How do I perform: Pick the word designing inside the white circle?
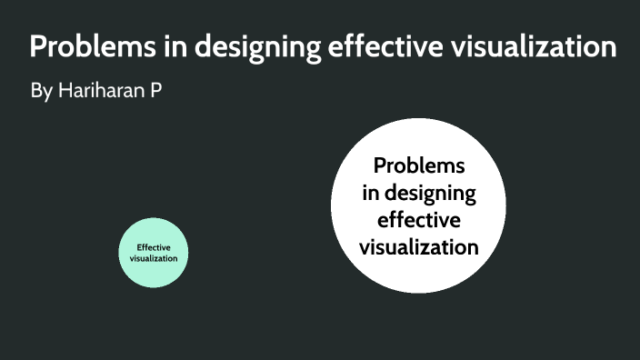click(x=430, y=194)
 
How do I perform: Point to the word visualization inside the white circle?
click(x=418, y=246)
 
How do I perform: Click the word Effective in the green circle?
click(x=154, y=246)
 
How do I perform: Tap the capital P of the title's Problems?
click(x=38, y=47)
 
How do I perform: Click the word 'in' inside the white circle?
click(x=370, y=194)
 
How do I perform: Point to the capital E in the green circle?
click(x=139, y=246)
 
